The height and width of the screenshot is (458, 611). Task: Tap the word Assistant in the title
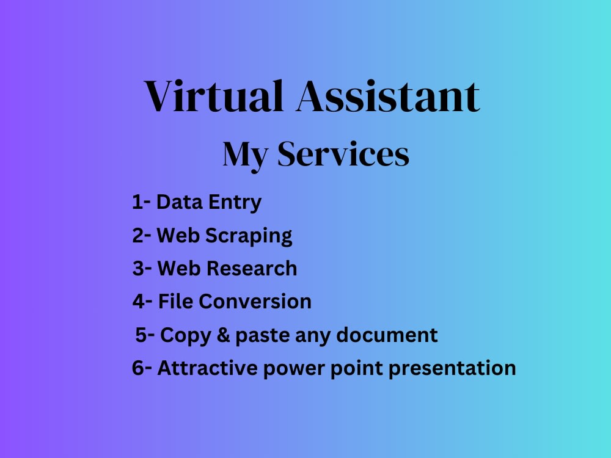coord(387,96)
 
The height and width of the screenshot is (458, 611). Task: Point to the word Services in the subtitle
coord(343,154)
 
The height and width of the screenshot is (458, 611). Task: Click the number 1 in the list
coord(137,202)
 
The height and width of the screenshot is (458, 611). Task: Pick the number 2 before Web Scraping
coord(138,235)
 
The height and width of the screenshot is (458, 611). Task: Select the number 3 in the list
coord(139,268)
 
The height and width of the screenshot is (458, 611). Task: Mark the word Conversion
coord(255,301)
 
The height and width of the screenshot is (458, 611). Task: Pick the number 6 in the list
coord(138,368)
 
